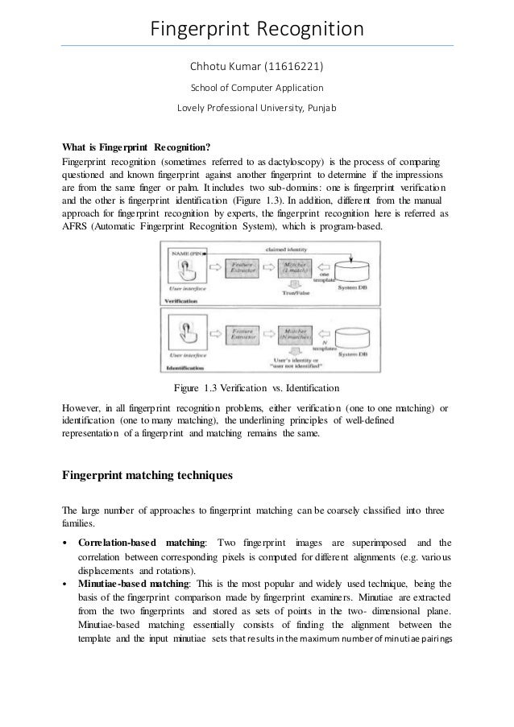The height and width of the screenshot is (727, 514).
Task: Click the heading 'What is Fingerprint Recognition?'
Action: click(x=136, y=147)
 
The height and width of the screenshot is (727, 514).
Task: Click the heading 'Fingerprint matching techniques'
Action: click(x=147, y=475)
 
